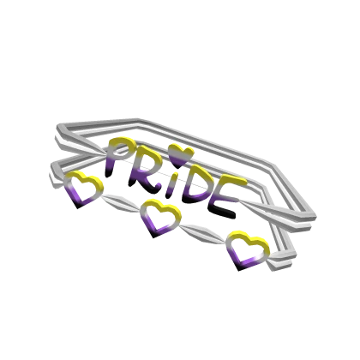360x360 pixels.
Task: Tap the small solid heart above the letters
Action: (x=180, y=155)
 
